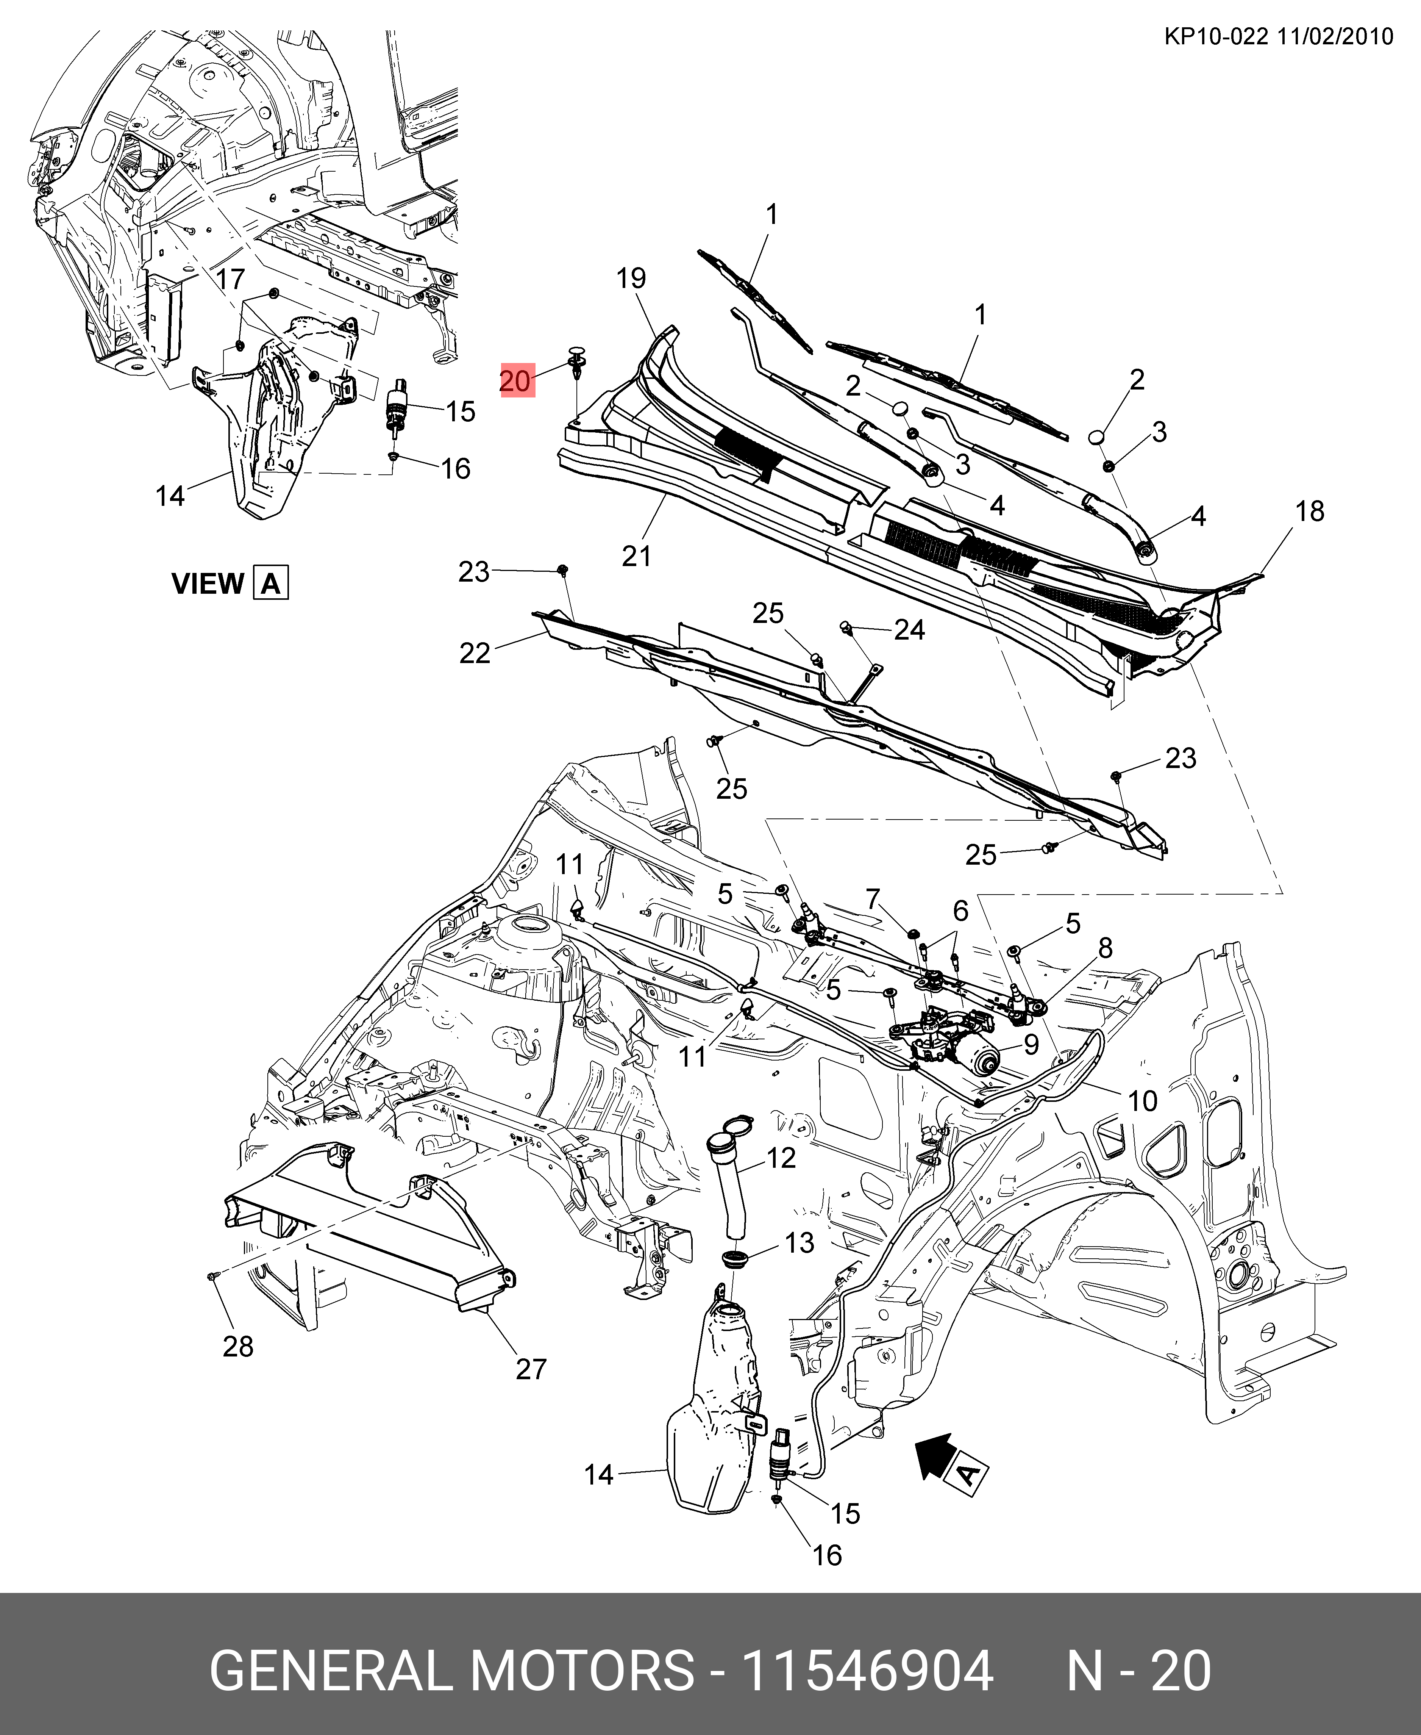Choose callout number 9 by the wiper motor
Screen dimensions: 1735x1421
(1031, 1044)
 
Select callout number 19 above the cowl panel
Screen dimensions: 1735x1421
(631, 278)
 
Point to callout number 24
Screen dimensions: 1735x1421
(909, 630)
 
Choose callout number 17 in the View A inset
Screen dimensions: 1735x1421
(231, 279)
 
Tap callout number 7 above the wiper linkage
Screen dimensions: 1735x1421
(873, 899)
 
